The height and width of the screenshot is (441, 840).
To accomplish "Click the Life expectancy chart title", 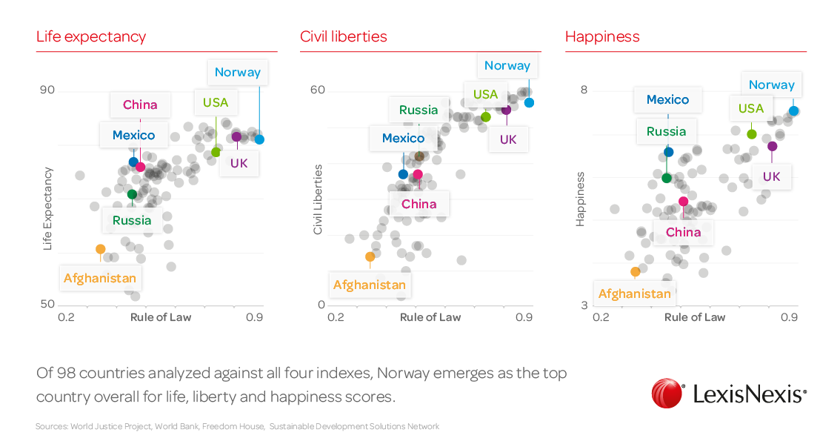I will click(91, 36).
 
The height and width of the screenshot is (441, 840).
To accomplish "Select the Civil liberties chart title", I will click(344, 36).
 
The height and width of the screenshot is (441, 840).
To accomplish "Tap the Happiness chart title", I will click(602, 36).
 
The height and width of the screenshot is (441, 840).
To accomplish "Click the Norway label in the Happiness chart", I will click(771, 84).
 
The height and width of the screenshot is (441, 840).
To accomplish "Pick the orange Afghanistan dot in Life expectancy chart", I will click(100, 249).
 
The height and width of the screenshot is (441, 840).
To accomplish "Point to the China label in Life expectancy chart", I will click(140, 105).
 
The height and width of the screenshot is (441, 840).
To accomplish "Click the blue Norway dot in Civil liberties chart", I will click(530, 102).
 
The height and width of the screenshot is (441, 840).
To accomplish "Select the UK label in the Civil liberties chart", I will click(508, 139).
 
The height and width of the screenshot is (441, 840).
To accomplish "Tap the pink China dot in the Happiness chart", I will click(683, 201).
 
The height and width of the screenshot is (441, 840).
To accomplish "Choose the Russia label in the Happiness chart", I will click(666, 131).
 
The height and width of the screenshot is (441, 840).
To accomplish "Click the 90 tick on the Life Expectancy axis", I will click(47, 90).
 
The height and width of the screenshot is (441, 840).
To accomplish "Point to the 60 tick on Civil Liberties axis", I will click(318, 90).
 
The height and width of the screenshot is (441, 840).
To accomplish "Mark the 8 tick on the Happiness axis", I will click(584, 90).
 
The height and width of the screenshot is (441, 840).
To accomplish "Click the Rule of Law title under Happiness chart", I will click(695, 317).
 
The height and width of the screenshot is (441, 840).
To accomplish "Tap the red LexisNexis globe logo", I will click(667, 394).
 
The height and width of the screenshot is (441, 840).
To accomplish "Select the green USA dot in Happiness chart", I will click(751, 134).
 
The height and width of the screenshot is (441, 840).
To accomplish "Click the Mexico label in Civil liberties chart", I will click(403, 138).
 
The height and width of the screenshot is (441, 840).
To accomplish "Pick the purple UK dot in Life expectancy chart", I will click(236, 136).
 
